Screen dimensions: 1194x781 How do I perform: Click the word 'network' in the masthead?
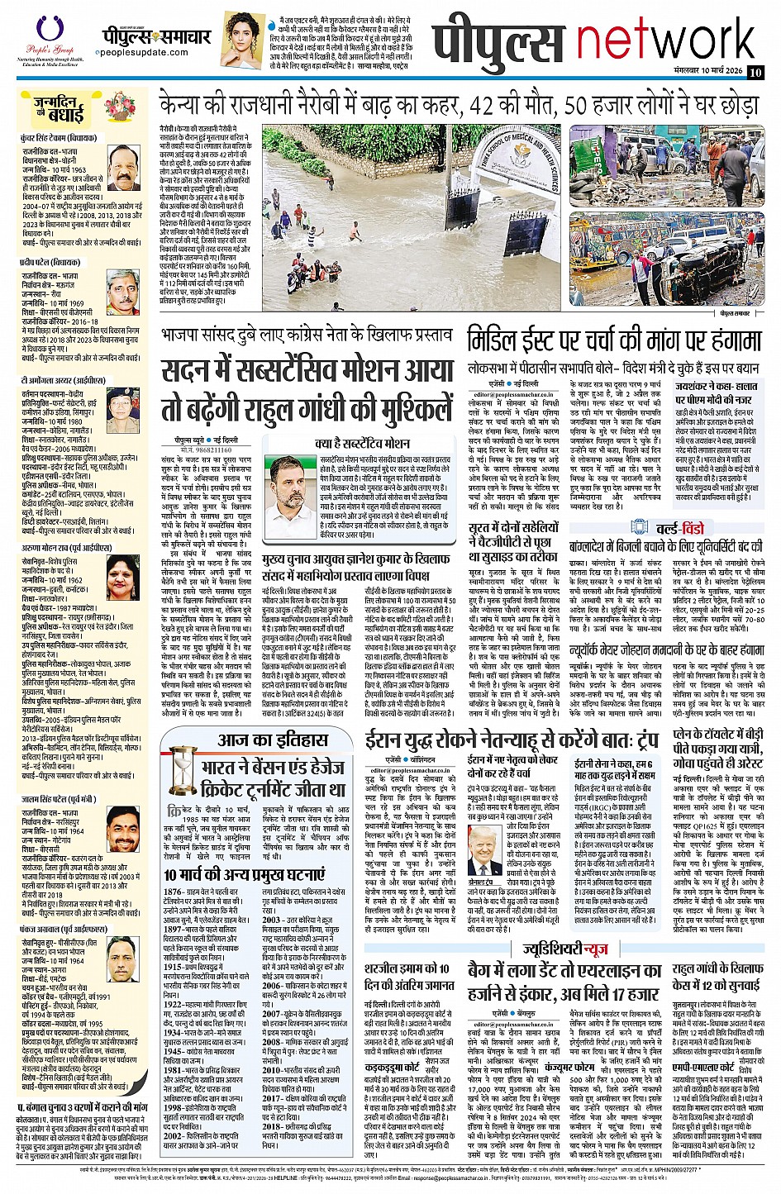(x=669, y=40)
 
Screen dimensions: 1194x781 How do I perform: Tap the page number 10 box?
(x=755, y=72)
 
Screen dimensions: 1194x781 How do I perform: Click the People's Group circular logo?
(x=44, y=27)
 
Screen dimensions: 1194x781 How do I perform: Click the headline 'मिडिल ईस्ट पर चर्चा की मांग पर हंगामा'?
(x=613, y=340)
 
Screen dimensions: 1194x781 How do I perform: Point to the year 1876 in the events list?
(x=173, y=892)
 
